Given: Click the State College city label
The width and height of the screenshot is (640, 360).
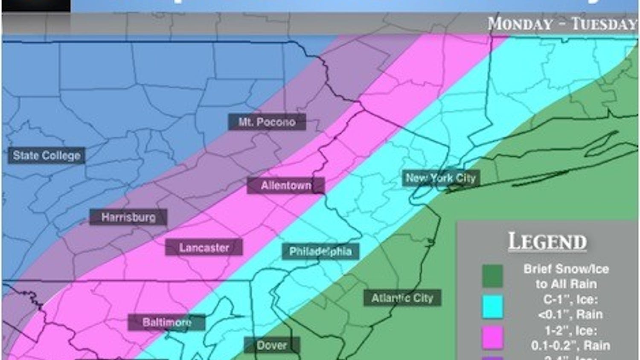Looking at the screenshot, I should (47, 156).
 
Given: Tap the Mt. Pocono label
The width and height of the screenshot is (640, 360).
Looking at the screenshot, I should (267, 122).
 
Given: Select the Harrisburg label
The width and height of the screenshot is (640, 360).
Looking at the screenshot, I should (128, 218).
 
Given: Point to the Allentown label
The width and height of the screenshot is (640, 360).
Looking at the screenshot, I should (286, 186).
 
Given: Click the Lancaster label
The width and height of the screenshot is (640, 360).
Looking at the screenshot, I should (204, 248).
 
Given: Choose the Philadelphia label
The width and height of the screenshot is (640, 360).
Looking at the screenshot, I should (320, 252).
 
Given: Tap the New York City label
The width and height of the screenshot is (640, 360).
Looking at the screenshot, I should (441, 178).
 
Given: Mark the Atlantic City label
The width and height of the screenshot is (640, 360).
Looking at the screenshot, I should (402, 298).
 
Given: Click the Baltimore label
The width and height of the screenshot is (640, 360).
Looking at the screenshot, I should (167, 322).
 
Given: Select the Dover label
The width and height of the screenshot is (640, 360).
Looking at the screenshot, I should (272, 345).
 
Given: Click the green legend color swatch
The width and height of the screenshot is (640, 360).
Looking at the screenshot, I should (492, 276).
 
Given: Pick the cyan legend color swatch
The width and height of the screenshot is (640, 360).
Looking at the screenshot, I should (492, 307).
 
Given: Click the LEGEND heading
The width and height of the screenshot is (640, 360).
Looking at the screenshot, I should (547, 242).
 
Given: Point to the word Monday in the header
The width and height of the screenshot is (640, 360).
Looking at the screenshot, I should (520, 24).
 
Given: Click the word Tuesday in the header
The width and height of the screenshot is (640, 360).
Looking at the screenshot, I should (604, 24).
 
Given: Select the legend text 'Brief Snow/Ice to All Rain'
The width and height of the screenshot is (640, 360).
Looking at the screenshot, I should (566, 276).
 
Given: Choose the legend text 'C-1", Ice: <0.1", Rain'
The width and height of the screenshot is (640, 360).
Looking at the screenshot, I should (566, 307).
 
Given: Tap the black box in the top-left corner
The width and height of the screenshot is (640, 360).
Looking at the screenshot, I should (36, 6).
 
